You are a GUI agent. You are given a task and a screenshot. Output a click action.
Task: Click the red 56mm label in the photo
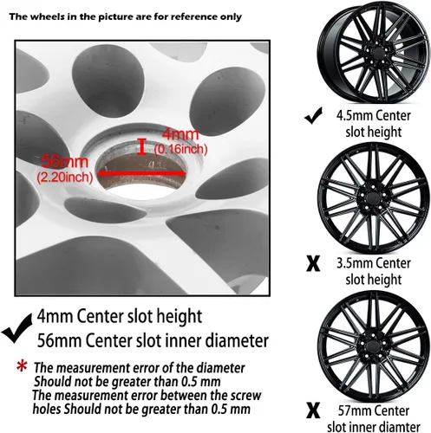[x=64, y=162]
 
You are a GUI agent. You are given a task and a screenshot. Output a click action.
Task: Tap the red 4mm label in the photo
[x=180, y=134]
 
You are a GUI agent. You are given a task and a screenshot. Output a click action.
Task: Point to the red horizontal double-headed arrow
[x=141, y=173]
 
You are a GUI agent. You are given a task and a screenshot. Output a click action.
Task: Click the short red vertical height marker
[x=141, y=146]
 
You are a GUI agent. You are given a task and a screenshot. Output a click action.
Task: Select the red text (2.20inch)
[x=65, y=177]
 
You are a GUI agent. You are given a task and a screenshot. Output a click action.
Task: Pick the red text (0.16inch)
[x=181, y=149]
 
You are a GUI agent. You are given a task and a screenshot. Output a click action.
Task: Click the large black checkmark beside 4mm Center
[x=16, y=328]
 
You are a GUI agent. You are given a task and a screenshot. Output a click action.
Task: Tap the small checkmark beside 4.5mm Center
[x=314, y=115]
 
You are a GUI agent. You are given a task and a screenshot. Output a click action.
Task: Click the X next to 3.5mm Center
[x=313, y=263]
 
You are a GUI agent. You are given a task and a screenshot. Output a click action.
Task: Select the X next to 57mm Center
[x=313, y=410]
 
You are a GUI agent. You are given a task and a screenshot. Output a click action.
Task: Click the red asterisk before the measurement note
[x=22, y=366]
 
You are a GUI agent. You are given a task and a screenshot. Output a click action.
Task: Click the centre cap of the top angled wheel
[x=378, y=55]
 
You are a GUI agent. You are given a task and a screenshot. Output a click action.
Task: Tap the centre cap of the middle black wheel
[x=373, y=198]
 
